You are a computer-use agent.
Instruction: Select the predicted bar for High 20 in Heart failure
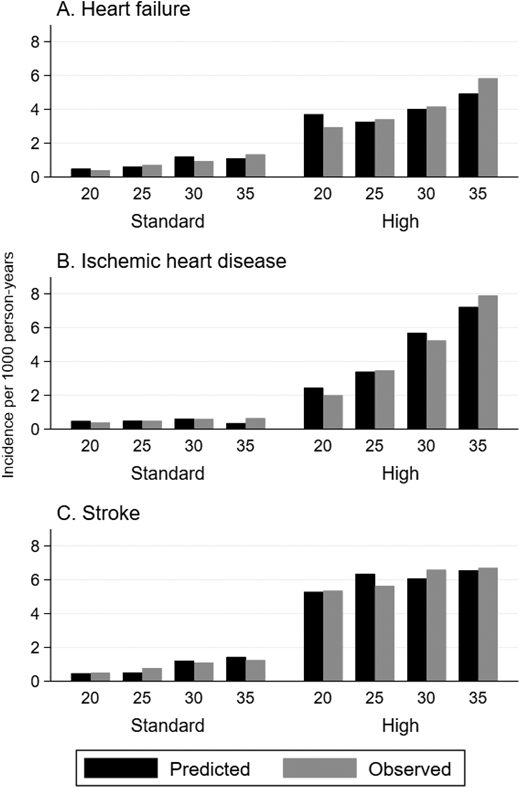[x=313, y=146]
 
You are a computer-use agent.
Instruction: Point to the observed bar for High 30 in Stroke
[x=436, y=626]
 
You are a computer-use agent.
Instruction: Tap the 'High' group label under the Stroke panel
[x=400, y=724]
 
